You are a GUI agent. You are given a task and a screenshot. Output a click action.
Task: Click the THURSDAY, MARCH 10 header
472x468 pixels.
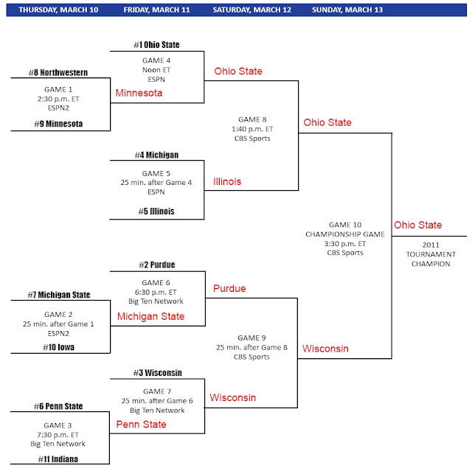58,10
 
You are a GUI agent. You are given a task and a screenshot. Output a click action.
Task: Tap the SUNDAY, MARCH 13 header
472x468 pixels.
347,10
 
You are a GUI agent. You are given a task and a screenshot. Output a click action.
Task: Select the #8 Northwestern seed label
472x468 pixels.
58,72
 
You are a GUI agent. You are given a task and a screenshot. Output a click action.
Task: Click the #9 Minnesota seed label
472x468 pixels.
58,124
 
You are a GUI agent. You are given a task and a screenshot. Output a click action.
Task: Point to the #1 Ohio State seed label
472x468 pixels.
156,45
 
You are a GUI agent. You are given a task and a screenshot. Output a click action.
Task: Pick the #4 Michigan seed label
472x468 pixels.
156,155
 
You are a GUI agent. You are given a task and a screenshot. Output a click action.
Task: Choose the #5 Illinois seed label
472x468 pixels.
156,211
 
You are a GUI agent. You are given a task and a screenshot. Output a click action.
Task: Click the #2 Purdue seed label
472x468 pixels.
157,265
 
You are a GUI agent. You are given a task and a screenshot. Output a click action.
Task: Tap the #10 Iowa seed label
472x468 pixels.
58,347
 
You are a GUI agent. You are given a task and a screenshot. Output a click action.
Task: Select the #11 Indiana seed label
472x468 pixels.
58,459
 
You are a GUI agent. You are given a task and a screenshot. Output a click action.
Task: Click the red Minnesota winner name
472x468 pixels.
139,93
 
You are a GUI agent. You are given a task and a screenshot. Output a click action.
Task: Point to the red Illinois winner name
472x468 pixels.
227,181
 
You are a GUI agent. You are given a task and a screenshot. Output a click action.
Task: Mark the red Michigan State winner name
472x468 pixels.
150,316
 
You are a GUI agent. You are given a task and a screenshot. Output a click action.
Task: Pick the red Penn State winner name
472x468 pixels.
141,425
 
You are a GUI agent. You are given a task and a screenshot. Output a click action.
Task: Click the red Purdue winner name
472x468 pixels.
229,288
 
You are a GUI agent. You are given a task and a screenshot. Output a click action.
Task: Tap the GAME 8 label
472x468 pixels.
252,119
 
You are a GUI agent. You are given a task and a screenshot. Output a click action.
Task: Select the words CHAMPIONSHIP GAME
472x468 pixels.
345,234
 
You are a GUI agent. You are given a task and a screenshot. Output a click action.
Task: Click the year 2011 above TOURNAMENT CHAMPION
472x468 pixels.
431,245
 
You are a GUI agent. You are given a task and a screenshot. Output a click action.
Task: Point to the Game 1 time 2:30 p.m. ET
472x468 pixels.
58,99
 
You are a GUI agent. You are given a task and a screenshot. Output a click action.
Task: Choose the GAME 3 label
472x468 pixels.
58,425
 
